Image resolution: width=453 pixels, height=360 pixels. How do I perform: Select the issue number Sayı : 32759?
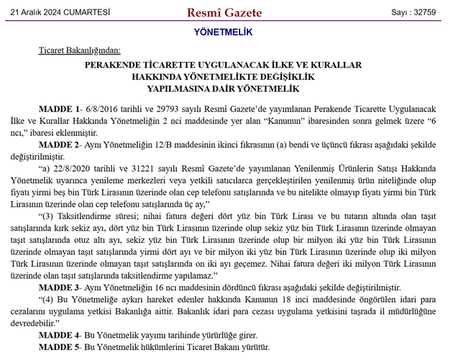tap(413, 12)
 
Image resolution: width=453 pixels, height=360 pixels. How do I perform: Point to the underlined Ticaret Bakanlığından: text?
tap(80, 51)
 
